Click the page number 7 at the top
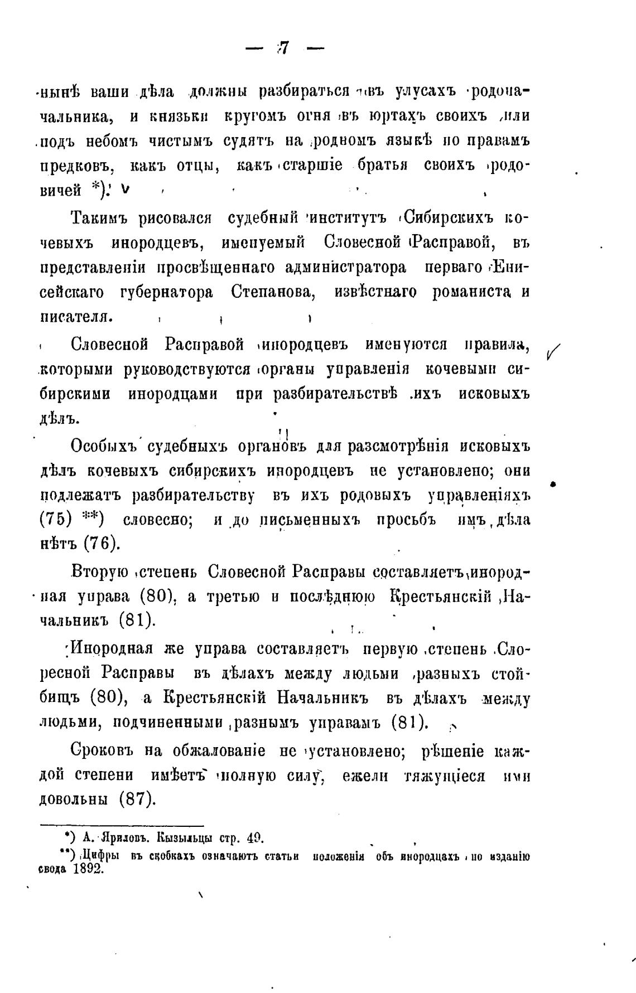[283, 49]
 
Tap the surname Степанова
[272, 293]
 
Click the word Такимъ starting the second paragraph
[98, 218]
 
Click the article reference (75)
[56, 520]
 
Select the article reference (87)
[136, 799]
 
